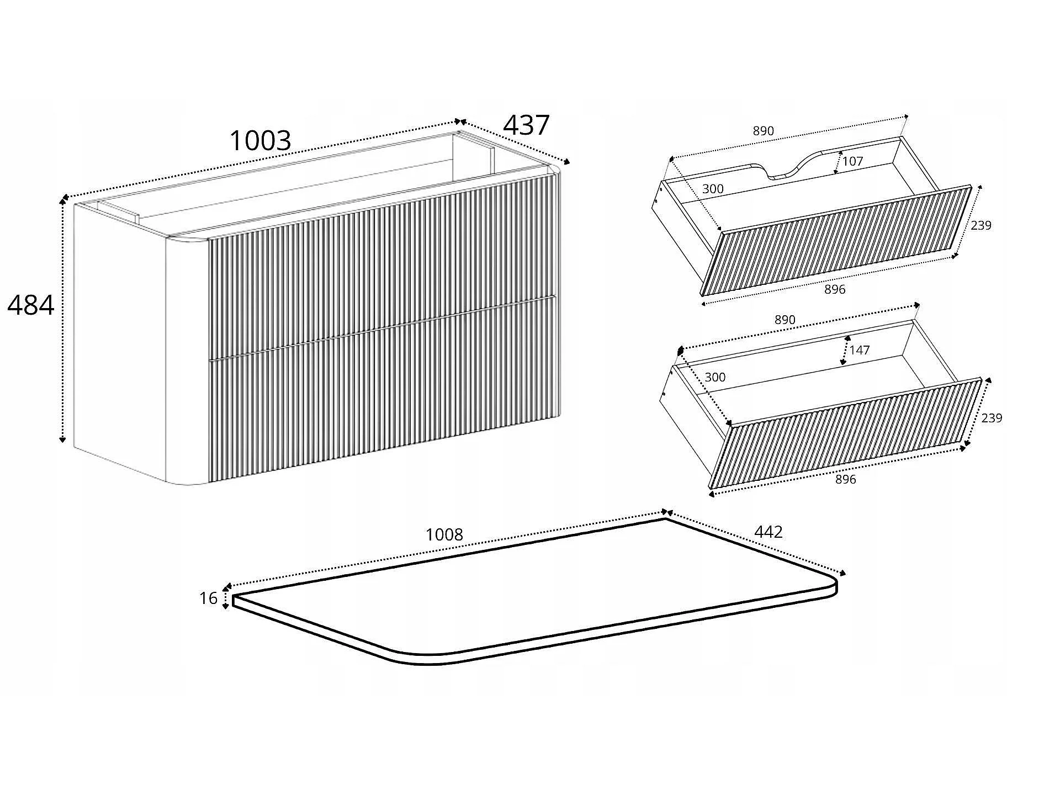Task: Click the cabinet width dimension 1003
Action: pyautogui.click(x=260, y=140)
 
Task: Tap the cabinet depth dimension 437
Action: pyautogui.click(x=526, y=125)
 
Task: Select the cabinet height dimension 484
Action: pyautogui.click(x=31, y=305)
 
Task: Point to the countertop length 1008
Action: pyautogui.click(x=444, y=534)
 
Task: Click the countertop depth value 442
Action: pyautogui.click(x=768, y=532)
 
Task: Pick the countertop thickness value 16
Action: pyautogui.click(x=208, y=598)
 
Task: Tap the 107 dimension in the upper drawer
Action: pyautogui.click(x=852, y=161)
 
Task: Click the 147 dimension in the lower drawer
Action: pyautogui.click(x=860, y=350)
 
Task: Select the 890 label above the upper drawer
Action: pyautogui.click(x=764, y=131)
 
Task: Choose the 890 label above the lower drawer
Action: pyautogui.click(x=785, y=320)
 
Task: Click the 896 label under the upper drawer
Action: pyautogui.click(x=835, y=289)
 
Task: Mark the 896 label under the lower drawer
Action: pyautogui.click(x=846, y=479)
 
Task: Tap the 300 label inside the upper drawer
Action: pyautogui.click(x=713, y=189)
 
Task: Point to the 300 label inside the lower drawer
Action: pyautogui.click(x=715, y=377)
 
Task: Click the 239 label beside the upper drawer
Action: pyautogui.click(x=981, y=225)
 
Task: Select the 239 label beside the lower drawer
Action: pyautogui.click(x=992, y=418)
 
